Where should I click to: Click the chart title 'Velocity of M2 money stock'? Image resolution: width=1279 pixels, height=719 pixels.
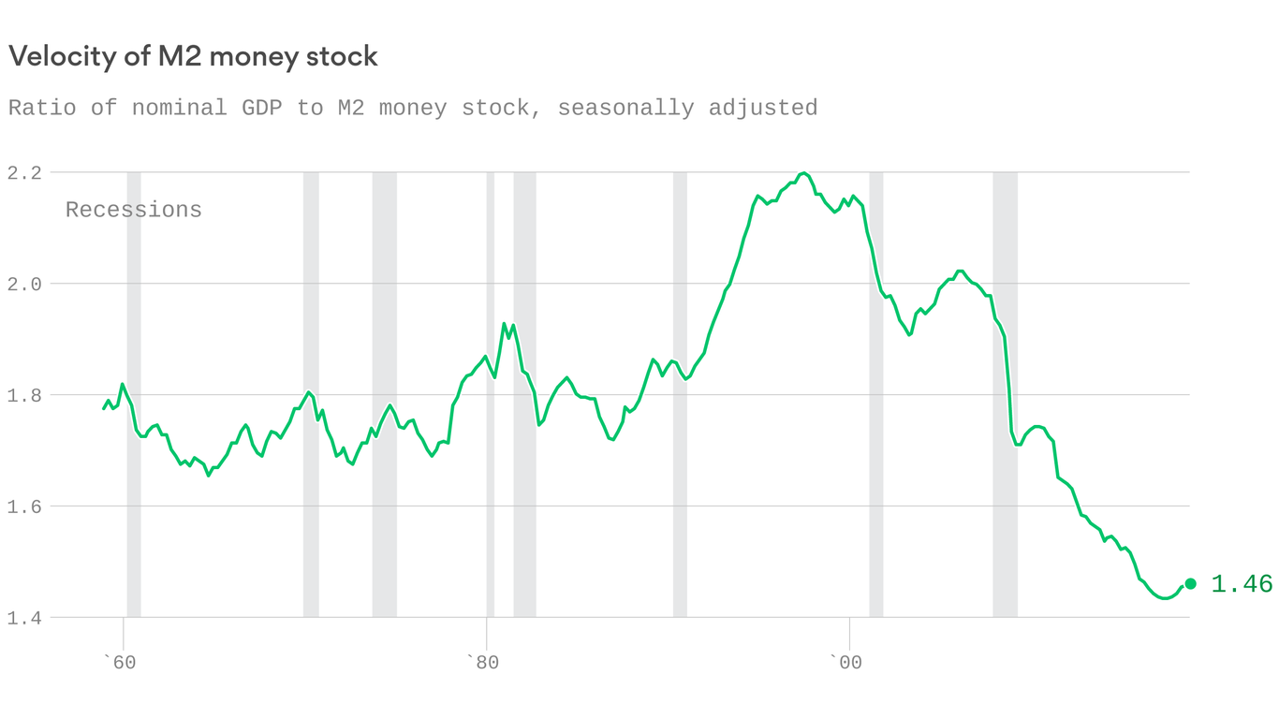(x=193, y=57)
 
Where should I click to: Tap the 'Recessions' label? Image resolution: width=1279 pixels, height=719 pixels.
(x=134, y=210)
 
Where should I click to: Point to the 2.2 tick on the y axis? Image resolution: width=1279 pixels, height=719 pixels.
(x=24, y=172)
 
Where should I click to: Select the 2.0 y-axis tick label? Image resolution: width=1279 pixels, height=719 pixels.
(x=24, y=284)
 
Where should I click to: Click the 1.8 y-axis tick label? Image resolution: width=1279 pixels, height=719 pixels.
(x=24, y=395)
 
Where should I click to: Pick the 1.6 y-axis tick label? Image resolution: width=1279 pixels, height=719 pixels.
(x=24, y=506)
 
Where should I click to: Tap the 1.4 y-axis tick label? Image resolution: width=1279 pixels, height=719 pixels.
(x=24, y=618)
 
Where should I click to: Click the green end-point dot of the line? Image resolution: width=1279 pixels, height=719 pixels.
(x=1190, y=584)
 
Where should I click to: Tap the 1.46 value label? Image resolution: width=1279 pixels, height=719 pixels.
(x=1242, y=585)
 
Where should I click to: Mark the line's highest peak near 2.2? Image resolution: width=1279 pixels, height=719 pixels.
(x=803, y=173)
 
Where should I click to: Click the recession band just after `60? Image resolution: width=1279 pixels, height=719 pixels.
(x=134, y=393)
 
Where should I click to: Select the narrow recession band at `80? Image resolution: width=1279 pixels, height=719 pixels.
(x=491, y=393)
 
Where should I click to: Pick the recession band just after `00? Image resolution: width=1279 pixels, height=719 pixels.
(x=876, y=393)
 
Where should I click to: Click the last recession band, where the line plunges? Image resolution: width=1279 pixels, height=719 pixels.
(x=1005, y=393)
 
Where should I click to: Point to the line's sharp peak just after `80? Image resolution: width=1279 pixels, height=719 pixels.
(x=505, y=324)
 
